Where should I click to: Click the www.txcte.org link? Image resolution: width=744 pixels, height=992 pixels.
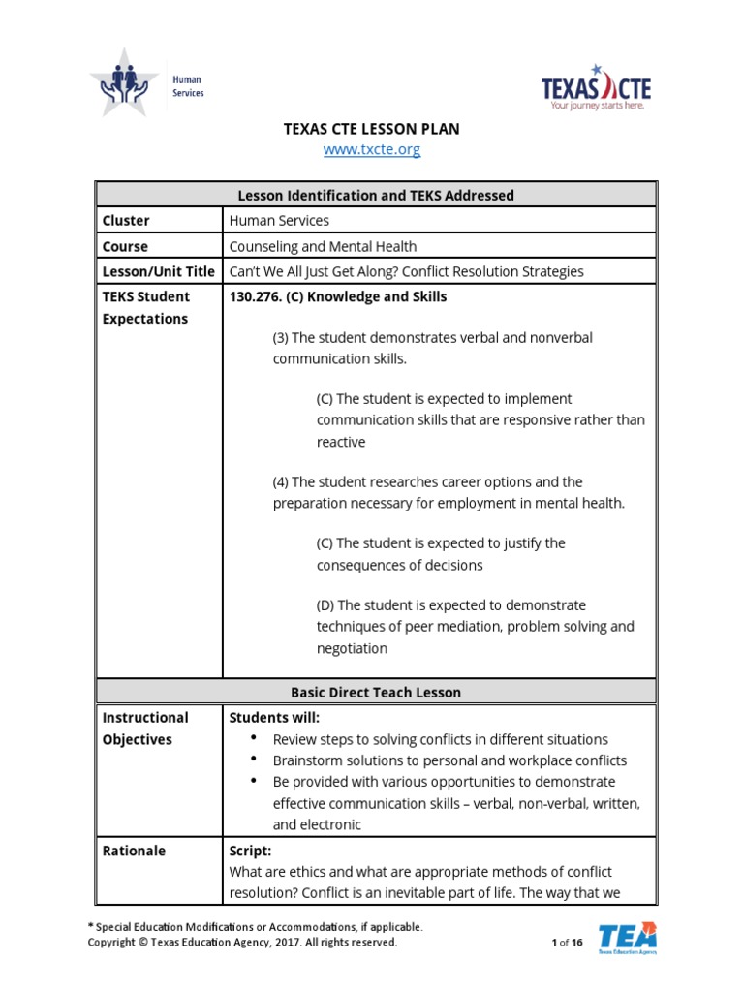[x=372, y=150]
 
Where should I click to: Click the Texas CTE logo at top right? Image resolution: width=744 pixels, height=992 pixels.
[x=596, y=89]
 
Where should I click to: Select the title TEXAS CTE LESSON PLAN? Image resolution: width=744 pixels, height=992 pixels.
[x=371, y=128]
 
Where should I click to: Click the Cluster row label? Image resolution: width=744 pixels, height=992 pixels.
[x=126, y=221]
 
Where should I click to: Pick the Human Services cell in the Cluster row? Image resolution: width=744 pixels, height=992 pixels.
[x=279, y=221]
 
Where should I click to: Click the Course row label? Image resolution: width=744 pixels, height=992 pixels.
[x=125, y=246]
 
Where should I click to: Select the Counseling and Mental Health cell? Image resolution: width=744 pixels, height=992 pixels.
[x=323, y=246]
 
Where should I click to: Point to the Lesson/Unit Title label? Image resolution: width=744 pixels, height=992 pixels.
[x=159, y=271]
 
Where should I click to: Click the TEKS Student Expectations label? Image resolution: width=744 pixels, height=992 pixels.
[x=146, y=308]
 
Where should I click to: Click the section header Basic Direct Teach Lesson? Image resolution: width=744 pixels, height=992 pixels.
[x=376, y=693]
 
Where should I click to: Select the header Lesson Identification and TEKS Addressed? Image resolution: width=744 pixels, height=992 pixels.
[x=376, y=195]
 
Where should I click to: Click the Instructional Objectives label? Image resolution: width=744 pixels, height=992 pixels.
[x=145, y=728]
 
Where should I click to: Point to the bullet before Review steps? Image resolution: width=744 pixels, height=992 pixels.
[x=254, y=739]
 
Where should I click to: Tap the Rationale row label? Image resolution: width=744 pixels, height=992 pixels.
[x=134, y=851]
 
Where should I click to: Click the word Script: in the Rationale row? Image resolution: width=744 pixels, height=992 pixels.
[x=250, y=851]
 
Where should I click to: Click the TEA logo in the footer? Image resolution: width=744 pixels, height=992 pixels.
[x=627, y=938]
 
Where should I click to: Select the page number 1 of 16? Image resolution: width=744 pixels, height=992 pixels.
[x=567, y=942]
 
